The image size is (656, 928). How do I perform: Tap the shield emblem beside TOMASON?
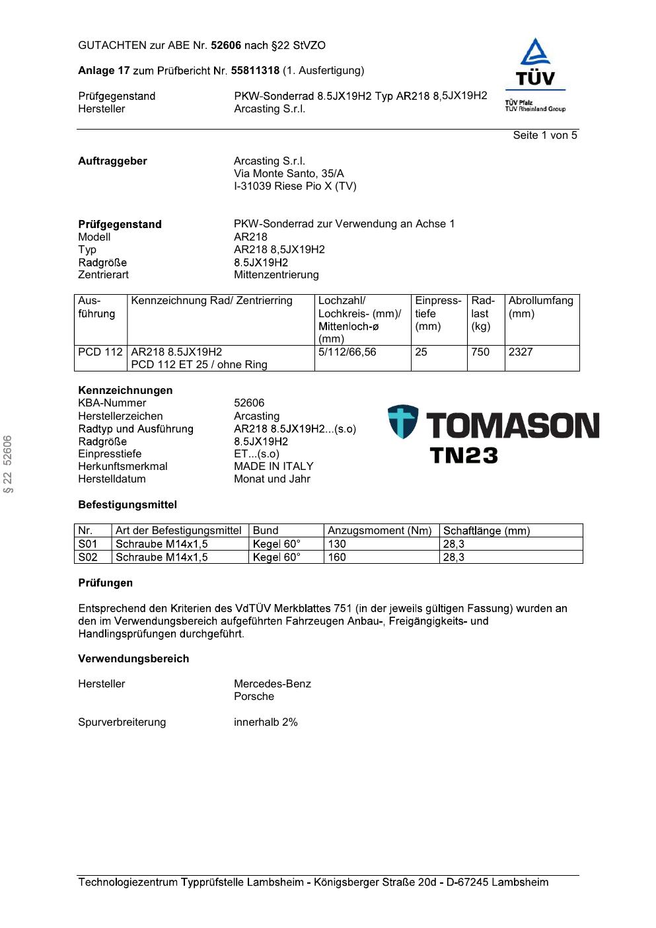click(402, 422)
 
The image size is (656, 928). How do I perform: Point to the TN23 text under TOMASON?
click(464, 455)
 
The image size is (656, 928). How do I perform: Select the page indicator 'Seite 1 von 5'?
click(545, 135)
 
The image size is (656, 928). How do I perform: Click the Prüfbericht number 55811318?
click(255, 71)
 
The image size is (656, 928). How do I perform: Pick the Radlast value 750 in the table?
click(480, 352)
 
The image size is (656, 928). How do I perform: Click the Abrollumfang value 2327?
click(521, 352)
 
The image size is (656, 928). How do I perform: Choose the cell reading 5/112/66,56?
click(347, 352)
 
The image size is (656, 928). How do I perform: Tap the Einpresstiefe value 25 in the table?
click(421, 352)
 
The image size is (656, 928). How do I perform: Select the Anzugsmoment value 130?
click(337, 544)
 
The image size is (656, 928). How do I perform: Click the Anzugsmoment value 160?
click(337, 557)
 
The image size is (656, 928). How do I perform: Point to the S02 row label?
click(88, 557)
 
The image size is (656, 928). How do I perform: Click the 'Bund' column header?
click(266, 531)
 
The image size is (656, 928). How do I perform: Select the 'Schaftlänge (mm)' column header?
click(486, 531)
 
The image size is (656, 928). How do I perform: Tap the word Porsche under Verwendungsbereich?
click(254, 697)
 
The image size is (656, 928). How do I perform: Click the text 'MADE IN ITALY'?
click(273, 467)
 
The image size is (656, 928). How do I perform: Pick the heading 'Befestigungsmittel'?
click(128, 505)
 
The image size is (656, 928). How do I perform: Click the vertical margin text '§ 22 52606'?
click(8, 464)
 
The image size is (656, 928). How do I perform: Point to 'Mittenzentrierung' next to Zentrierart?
click(276, 275)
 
